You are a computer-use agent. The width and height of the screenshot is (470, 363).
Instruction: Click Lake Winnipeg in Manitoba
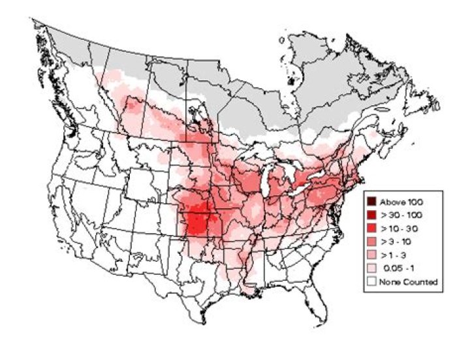click(196, 118)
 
